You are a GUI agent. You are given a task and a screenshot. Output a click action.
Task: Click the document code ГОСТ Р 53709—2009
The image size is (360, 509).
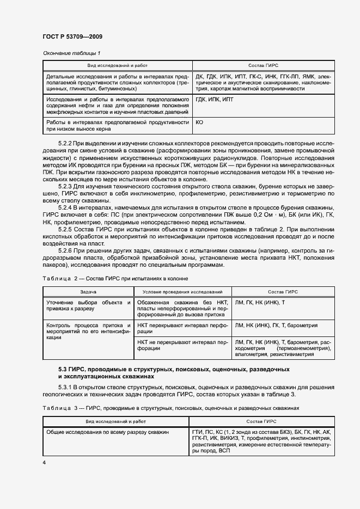[x=72, y=37]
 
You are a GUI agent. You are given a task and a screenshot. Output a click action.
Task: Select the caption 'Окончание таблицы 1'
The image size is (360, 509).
[x=71, y=53]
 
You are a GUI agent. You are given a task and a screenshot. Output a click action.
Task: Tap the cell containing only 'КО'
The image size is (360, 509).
[x=199, y=123]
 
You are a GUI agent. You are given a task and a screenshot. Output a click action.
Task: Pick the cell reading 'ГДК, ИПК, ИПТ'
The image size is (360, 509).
[x=213, y=100]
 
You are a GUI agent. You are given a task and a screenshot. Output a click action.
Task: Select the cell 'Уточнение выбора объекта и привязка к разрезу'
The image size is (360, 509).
[x=88, y=305]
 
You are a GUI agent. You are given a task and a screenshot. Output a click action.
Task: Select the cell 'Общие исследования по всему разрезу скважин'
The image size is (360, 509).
[x=107, y=432]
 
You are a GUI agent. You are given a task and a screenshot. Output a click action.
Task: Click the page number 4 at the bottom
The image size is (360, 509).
[x=44, y=462]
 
